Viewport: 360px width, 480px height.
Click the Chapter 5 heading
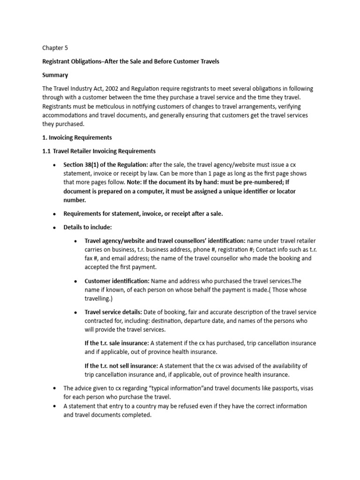tap(55, 48)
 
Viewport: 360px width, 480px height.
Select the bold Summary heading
tap(55, 75)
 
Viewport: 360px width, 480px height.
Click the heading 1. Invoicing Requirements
tap(77, 138)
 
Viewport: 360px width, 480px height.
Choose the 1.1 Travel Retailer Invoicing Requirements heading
tap(99, 151)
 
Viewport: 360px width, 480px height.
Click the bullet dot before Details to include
tap(55, 227)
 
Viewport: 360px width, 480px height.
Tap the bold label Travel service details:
tap(113, 312)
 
